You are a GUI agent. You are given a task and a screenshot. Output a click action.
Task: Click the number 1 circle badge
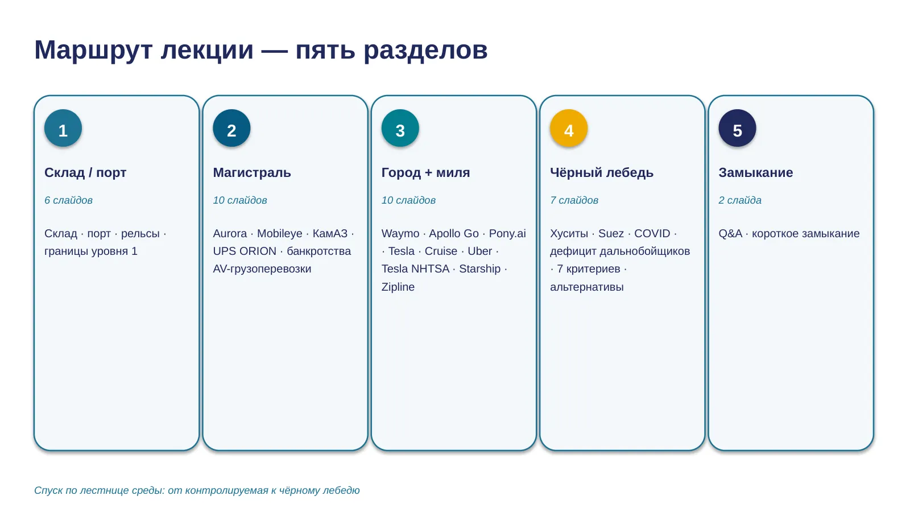pos(63,128)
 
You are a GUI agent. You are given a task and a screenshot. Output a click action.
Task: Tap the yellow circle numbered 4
pos(569,128)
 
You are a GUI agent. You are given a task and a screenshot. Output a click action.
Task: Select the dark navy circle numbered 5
pos(737,128)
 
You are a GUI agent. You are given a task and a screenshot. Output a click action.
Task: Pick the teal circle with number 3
pos(400,128)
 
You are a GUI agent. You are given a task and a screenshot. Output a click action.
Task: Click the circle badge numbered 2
pos(231,128)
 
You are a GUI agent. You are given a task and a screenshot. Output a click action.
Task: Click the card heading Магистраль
pos(252,173)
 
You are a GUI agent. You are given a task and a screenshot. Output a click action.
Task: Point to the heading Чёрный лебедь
pos(602,173)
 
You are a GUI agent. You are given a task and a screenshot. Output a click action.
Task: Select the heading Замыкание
pos(756,173)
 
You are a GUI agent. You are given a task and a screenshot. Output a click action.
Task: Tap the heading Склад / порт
pos(85,173)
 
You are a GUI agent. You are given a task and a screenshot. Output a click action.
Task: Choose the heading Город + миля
pos(425,173)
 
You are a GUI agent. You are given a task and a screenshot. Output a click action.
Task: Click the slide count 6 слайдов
pos(68,200)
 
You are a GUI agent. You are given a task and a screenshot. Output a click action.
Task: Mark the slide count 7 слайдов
pos(574,200)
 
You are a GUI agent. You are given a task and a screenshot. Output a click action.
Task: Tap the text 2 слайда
pos(740,200)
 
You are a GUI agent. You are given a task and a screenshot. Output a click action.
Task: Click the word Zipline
pos(398,287)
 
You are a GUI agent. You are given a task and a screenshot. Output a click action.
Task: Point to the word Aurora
pos(230,234)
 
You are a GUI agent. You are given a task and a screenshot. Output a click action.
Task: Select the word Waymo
pos(400,234)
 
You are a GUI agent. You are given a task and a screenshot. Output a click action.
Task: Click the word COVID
pos(652,234)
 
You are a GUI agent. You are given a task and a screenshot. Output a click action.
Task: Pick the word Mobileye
pos(279,234)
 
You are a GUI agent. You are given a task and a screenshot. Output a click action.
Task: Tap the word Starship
pos(480,269)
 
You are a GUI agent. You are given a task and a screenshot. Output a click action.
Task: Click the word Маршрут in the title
pos(93,51)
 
